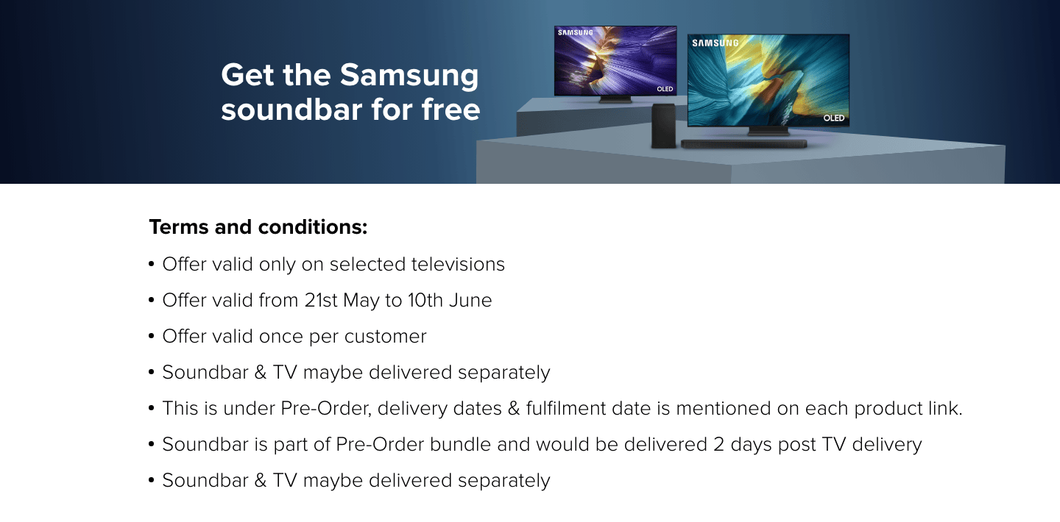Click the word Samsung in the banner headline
409,76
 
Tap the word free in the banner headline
451,110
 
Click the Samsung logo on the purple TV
576,32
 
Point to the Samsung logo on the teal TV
715,43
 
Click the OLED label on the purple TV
665,89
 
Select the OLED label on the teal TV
834,118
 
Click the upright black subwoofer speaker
663,126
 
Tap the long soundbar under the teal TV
744,144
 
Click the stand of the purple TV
615,99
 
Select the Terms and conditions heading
258,227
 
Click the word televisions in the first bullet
458,265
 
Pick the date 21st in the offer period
321,300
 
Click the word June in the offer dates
470,300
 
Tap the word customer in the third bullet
385,337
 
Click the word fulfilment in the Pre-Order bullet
566,409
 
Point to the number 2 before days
718,445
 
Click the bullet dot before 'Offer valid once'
152,336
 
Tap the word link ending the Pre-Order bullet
945,409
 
